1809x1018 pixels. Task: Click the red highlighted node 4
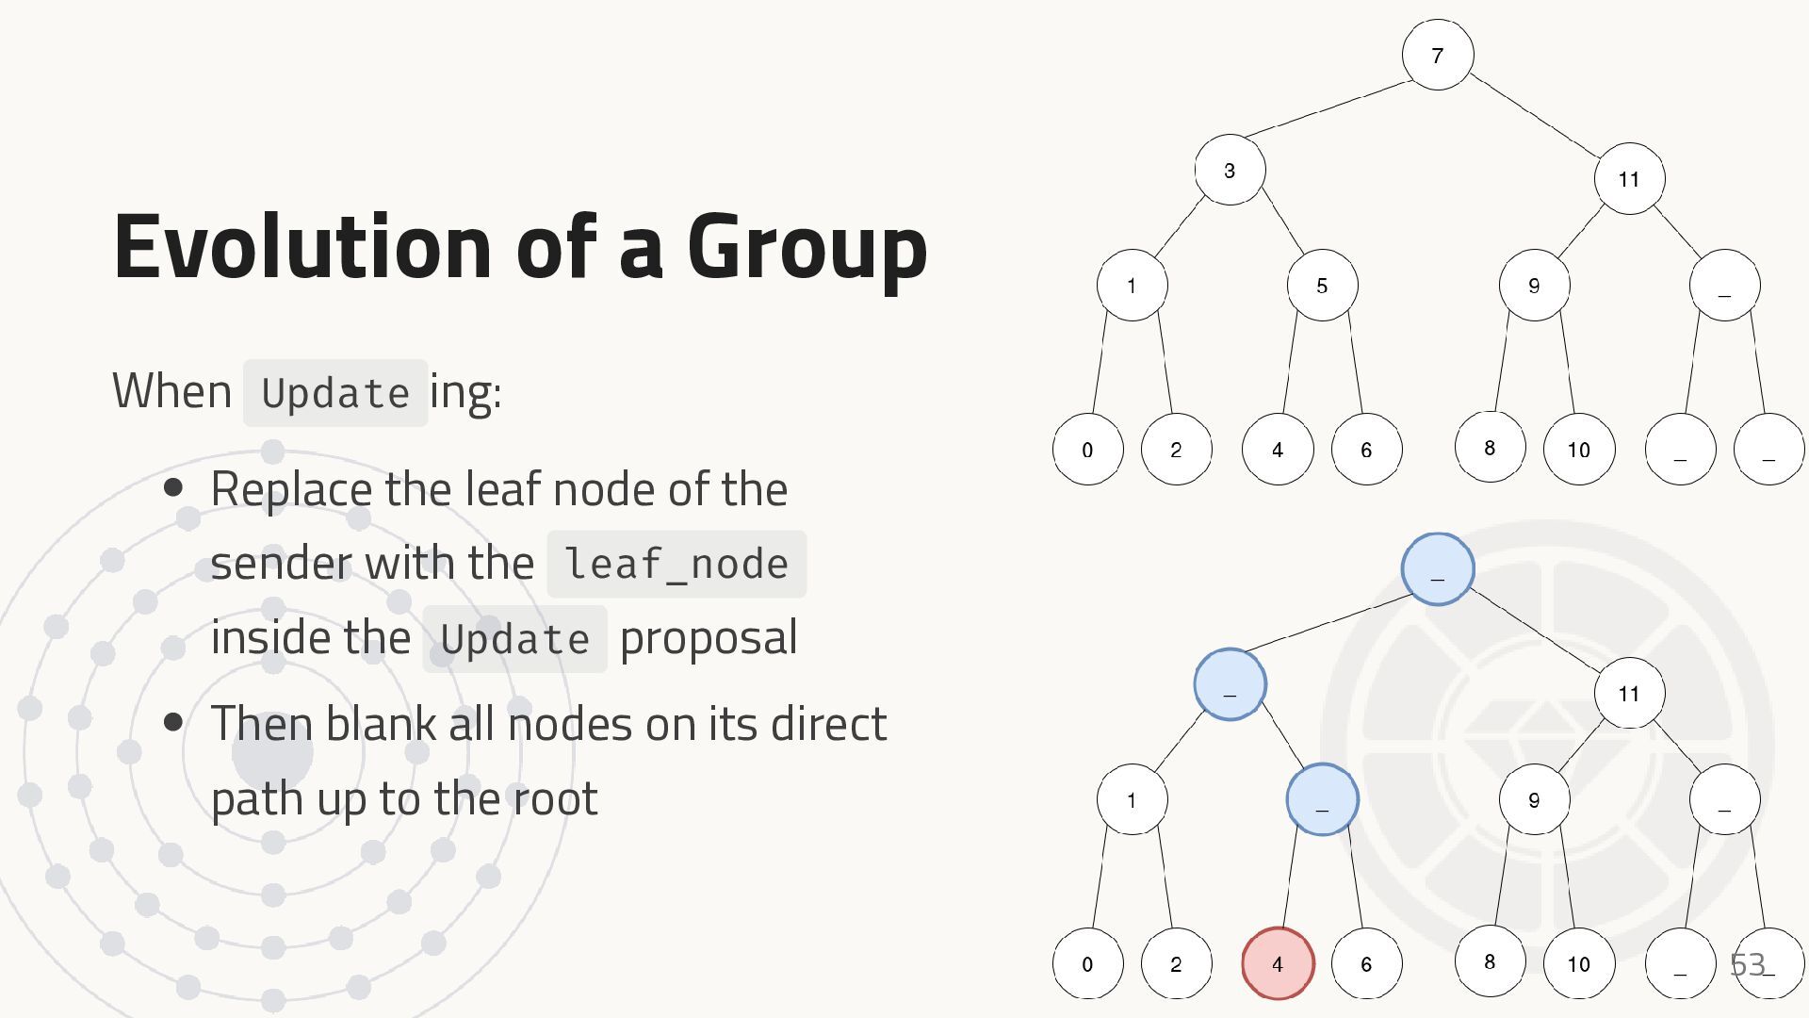pos(1278,963)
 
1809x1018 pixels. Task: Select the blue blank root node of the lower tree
pos(1437,569)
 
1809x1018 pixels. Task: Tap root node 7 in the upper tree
pos(1437,55)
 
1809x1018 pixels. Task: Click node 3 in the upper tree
pos(1230,171)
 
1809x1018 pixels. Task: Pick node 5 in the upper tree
pos(1322,286)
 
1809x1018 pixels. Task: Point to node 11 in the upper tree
pos(1629,179)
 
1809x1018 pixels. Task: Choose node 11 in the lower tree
pos(1629,694)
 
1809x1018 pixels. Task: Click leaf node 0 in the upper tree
pos(1087,450)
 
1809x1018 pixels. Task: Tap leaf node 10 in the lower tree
pos(1579,963)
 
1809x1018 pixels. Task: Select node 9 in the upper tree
pos(1534,286)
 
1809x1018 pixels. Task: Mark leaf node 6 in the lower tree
pos(1366,963)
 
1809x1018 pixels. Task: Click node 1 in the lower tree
pos(1132,800)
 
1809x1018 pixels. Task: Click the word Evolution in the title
pos(301,247)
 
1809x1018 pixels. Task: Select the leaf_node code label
pos(676,565)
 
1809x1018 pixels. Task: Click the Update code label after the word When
pos(335,393)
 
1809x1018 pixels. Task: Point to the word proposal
pos(709,638)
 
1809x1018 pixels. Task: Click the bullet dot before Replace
pos(173,488)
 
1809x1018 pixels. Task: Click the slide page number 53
pos(1747,964)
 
